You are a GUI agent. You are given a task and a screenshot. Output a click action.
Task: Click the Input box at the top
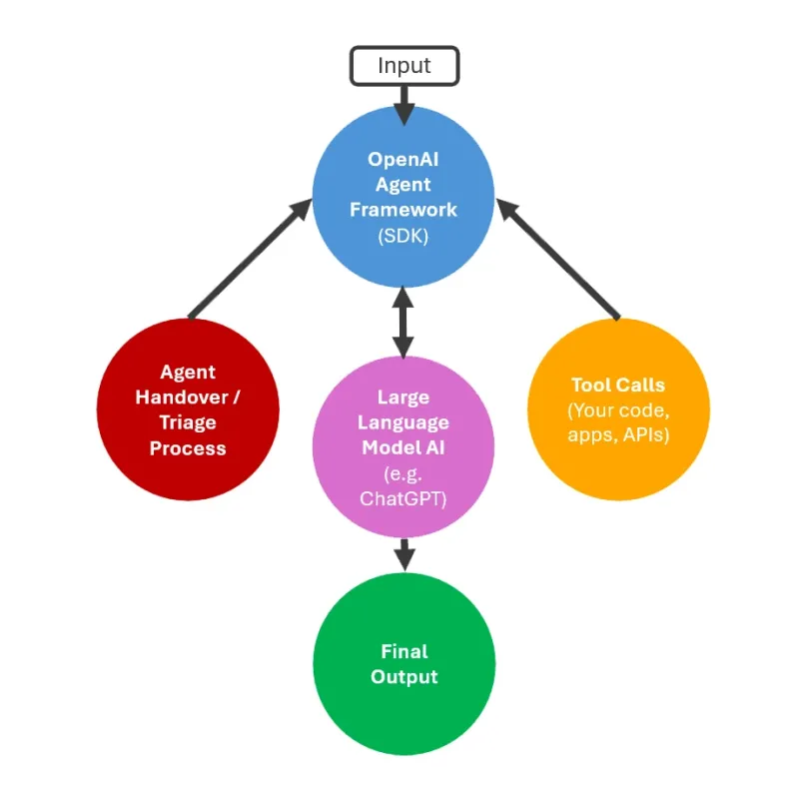point(403,66)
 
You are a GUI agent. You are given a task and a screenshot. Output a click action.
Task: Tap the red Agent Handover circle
point(188,409)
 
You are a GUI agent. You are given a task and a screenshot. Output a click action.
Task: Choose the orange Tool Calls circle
point(618,409)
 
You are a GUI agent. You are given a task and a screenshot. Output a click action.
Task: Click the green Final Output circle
point(403,664)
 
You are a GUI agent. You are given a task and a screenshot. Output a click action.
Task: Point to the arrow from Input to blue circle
point(403,102)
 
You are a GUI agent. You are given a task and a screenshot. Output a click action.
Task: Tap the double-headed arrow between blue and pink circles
point(403,322)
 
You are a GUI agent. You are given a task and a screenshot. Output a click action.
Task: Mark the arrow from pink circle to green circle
point(403,554)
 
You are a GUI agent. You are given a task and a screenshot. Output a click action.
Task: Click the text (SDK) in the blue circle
point(402,236)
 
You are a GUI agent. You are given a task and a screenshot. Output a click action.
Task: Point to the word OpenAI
point(402,159)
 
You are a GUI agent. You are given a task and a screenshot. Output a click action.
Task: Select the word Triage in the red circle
point(188,422)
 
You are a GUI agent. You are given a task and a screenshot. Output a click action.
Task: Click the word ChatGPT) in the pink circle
point(403,498)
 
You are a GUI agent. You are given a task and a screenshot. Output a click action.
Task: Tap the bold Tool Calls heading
point(618,385)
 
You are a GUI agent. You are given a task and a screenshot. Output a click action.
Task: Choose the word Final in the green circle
point(403,651)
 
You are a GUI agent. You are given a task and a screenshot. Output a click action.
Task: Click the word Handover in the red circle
point(194,397)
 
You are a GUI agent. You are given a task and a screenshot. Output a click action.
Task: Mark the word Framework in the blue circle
point(402,210)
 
